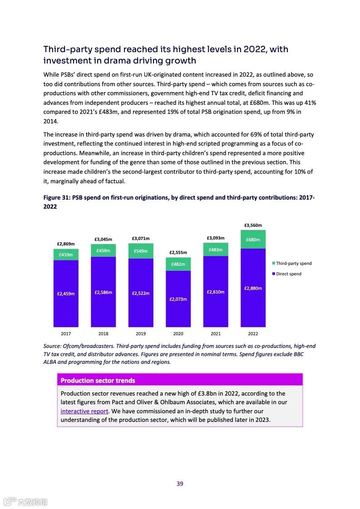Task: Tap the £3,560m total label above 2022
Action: tap(253, 225)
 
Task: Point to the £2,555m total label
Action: tap(178, 252)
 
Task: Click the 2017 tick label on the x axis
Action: tap(66, 334)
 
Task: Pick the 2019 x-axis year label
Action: tap(141, 334)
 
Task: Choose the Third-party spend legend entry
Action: tap(293, 264)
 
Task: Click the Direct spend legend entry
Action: tap(288, 274)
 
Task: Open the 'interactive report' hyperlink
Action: tap(84, 411)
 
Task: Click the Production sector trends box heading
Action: tap(98, 381)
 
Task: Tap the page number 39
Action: tap(180, 484)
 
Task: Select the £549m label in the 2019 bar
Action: tap(141, 251)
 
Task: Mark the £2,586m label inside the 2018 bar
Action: tap(103, 293)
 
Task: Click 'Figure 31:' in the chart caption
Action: tap(57, 198)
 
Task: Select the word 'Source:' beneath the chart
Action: tap(53, 346)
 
